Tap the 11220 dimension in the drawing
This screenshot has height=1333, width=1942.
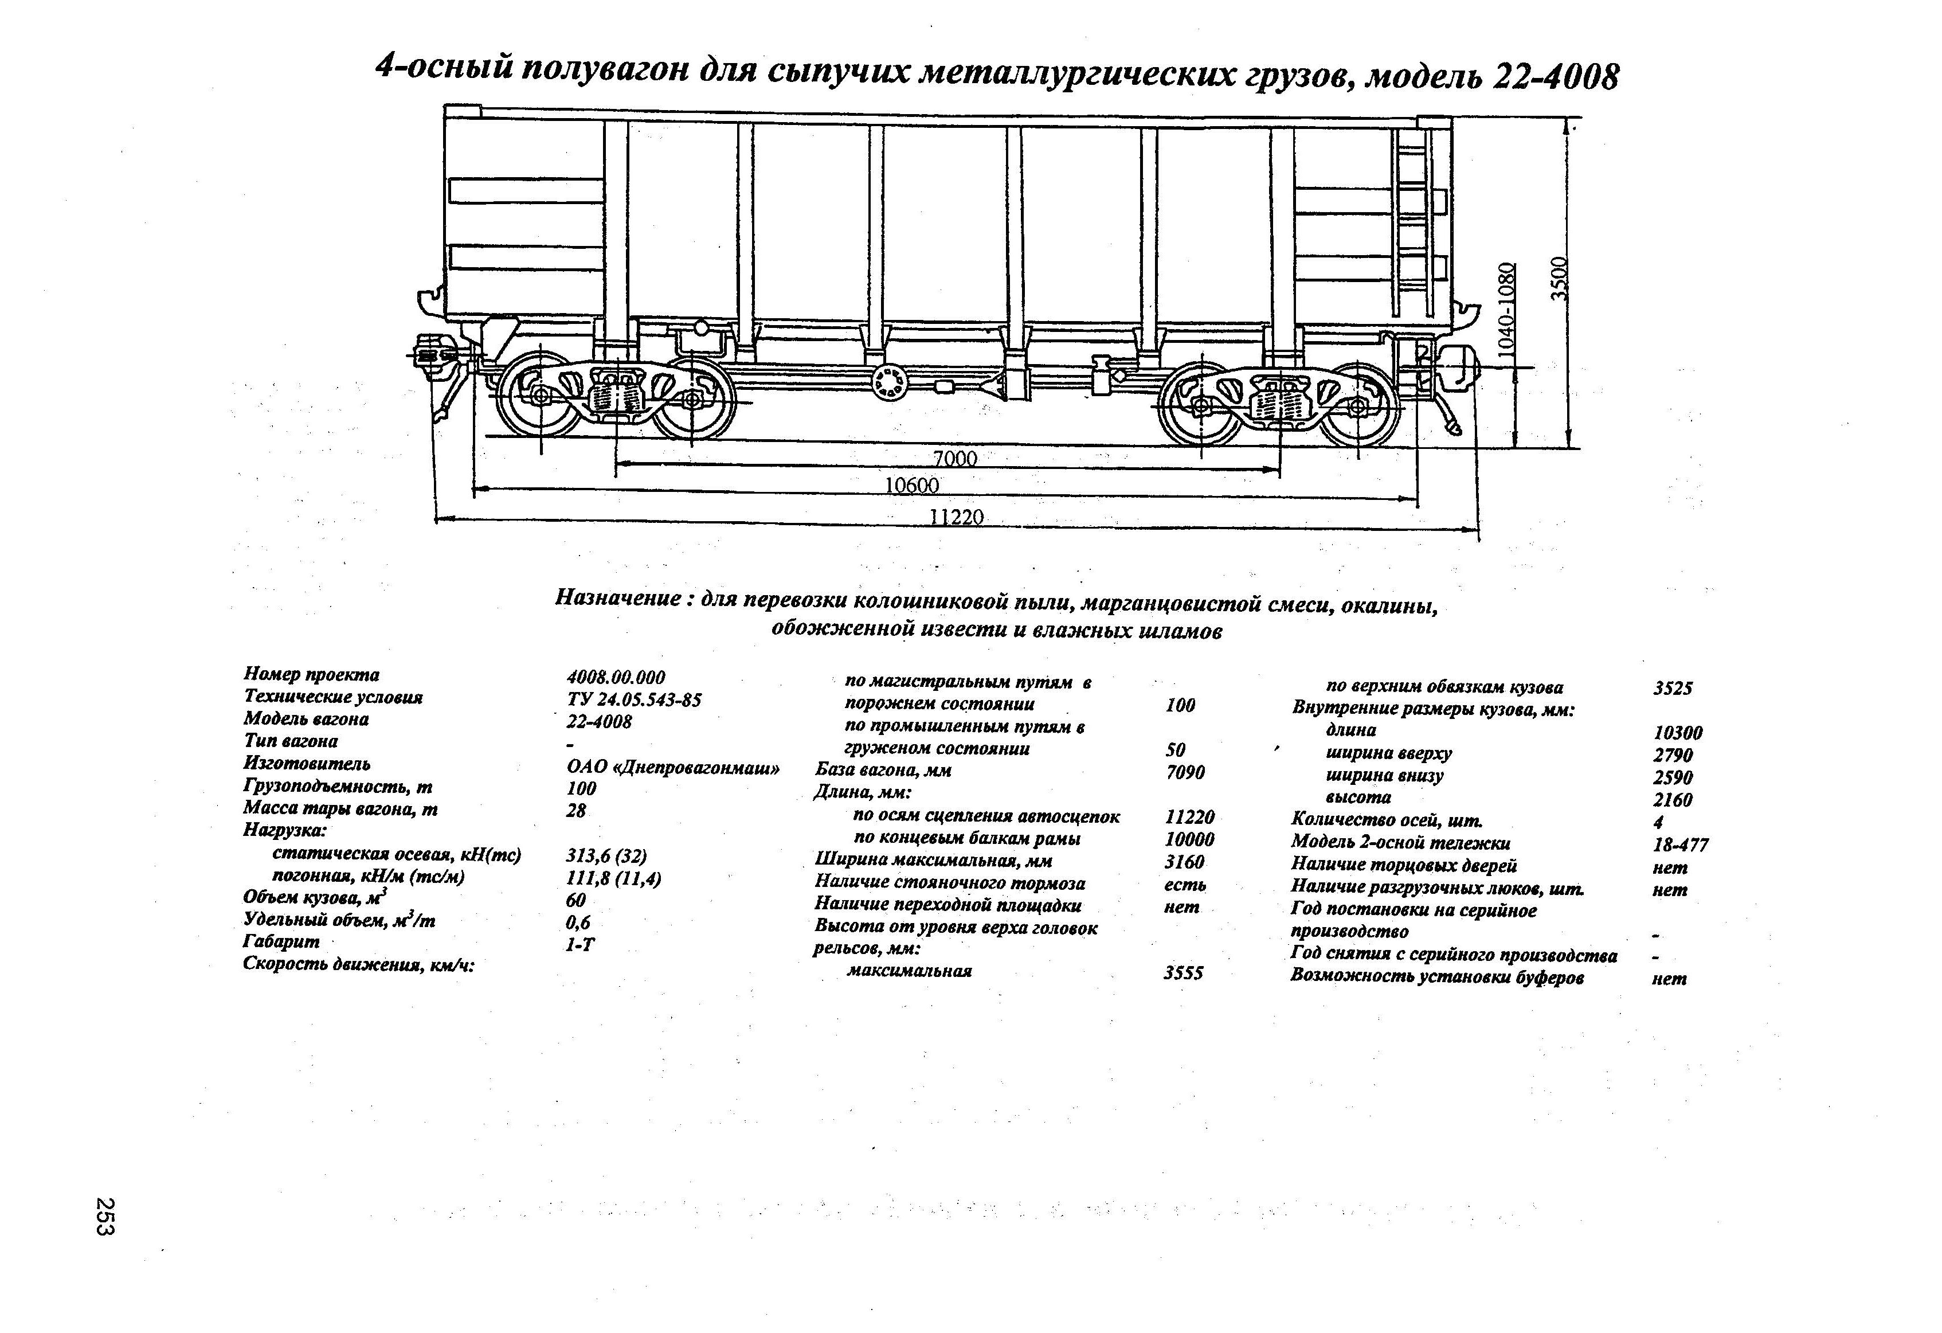pyautogui.click(x=957, y=517)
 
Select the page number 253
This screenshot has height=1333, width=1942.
pyautogui.click(x=106, y=1216)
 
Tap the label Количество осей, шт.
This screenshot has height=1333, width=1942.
pyautogui.click(x=1387, y=820)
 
